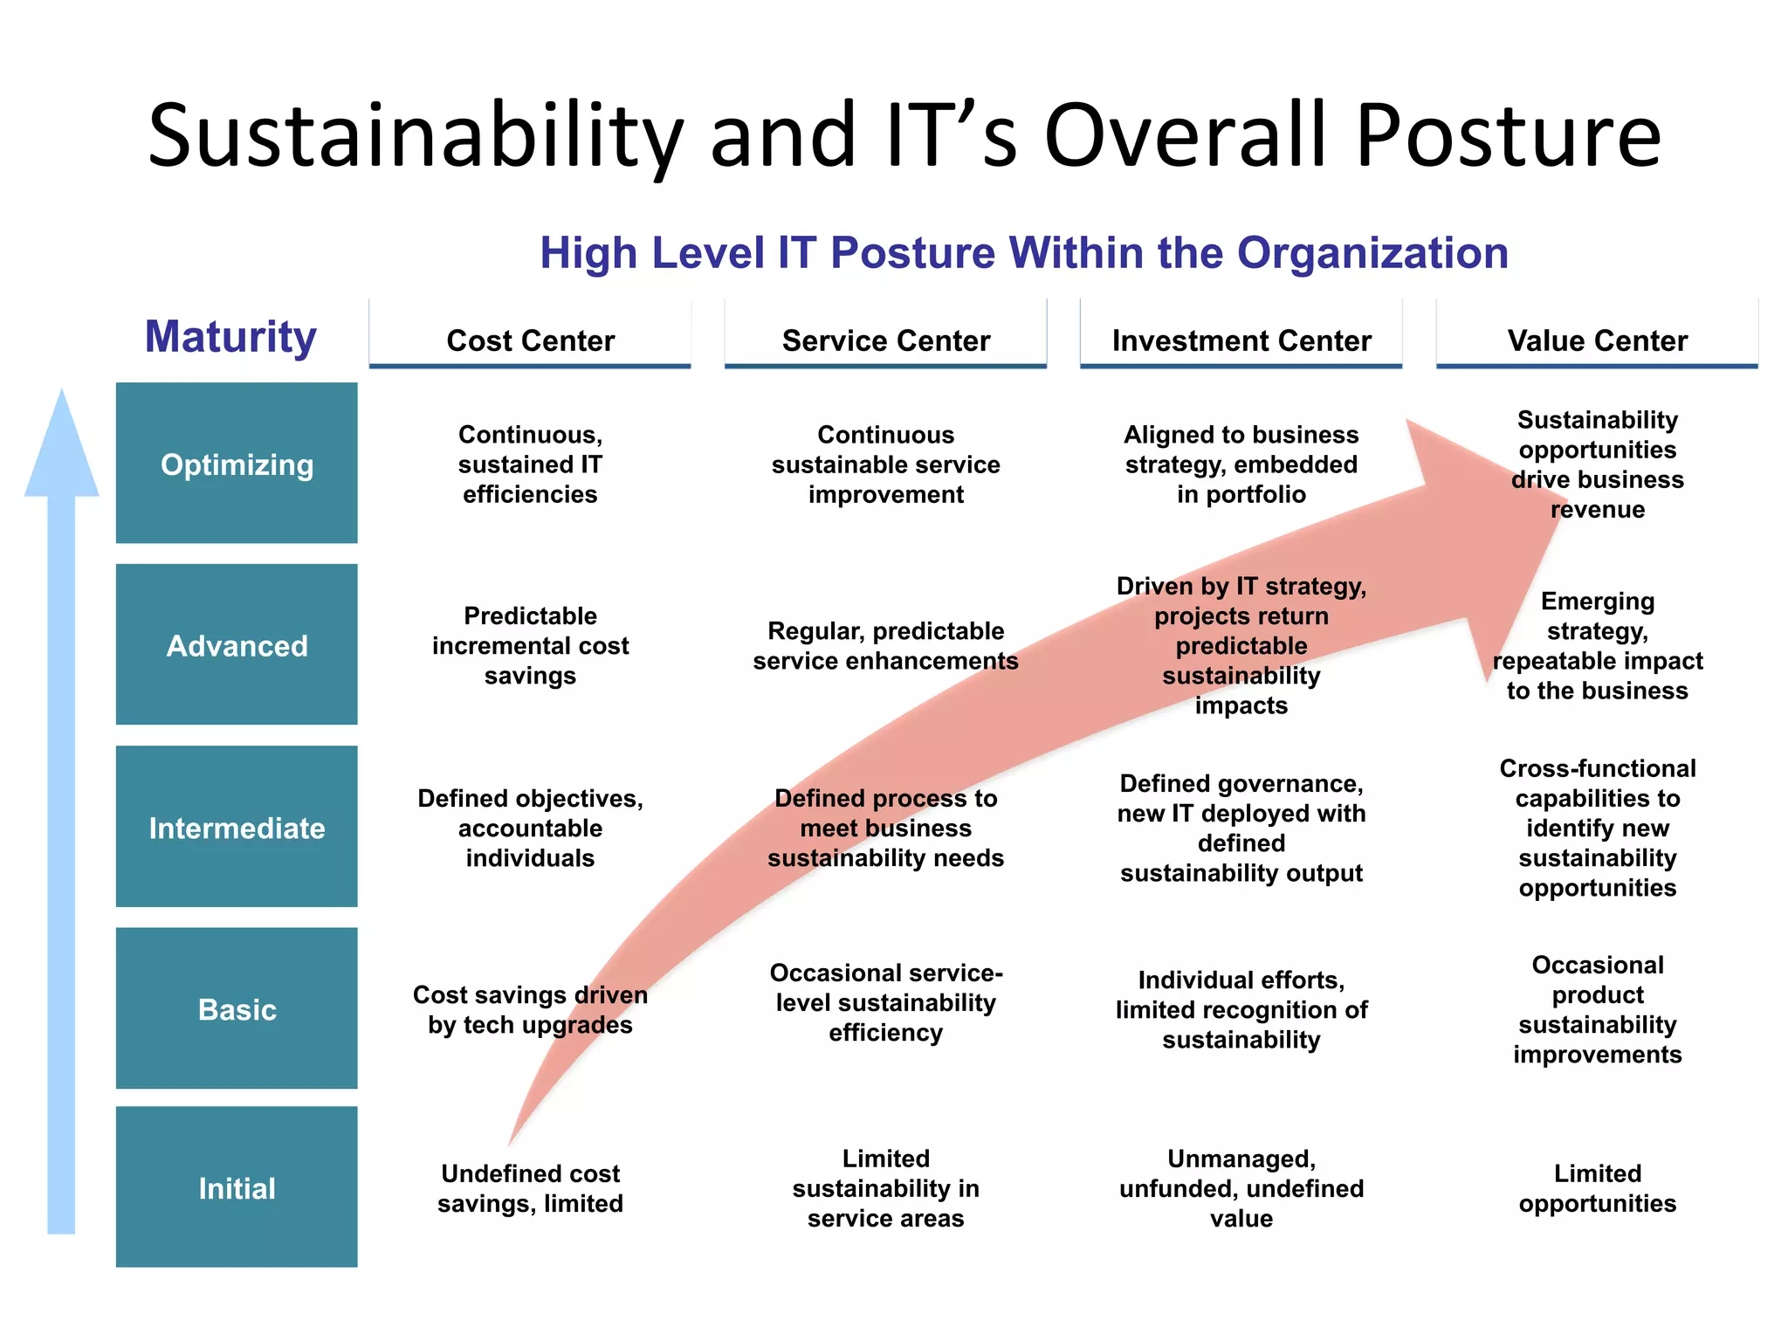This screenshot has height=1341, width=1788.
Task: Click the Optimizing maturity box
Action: point(237,464)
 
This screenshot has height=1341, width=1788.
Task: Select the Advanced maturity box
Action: point(237,645)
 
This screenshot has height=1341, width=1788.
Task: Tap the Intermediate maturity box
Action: point(237,827)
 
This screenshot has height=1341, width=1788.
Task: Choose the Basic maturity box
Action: point(237,1008)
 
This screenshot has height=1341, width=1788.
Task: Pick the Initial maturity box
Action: point(237,1187)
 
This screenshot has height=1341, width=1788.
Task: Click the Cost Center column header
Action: point(530,340)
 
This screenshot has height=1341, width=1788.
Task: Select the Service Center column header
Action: point(885,340)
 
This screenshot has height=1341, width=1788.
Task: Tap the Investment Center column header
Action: point(1241,340)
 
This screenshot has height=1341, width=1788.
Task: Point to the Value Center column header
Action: point(1597,340)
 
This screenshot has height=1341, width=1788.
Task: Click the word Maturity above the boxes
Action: point(230,336)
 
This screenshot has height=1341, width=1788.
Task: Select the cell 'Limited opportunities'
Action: point(1597,1188)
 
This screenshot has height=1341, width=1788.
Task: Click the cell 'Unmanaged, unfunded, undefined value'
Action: point(1241,1188)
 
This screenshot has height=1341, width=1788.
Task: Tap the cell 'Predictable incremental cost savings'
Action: point(530,645)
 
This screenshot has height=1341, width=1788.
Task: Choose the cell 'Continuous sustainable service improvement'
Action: point(885,464)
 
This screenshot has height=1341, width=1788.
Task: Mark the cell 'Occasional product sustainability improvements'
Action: point(1597,1009)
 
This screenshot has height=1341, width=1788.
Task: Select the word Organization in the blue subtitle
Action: point(1372,253)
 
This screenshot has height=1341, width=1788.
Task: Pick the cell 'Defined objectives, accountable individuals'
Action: point(530,828)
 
